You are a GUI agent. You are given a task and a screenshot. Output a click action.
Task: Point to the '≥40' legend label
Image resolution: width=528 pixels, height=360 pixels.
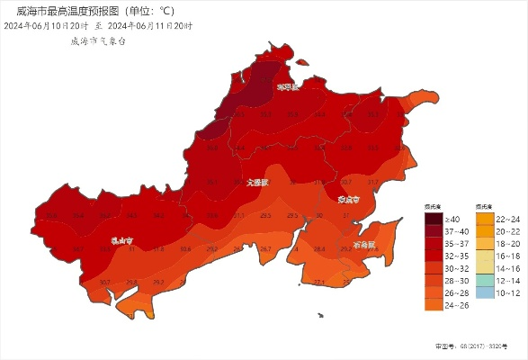click(454, 219)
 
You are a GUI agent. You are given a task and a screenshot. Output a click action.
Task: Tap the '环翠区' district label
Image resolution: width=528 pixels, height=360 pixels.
click(287, 87)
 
